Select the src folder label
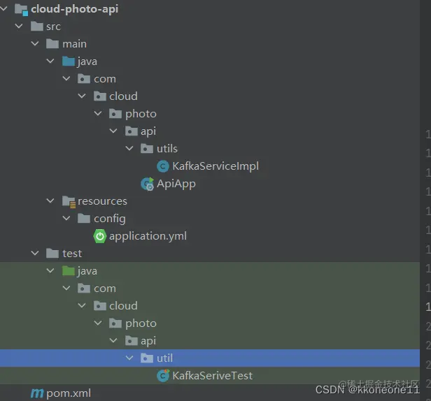point(53,27)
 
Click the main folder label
point(74,44)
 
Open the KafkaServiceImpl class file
point(215,166)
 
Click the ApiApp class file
point(176,184)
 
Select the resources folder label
point(102,201)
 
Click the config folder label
point(110,219)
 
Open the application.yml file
point(148,236)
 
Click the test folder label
point(72,254)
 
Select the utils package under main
point(167,149)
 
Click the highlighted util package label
point(164,358)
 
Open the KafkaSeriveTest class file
point(213,376)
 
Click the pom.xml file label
point(69,393)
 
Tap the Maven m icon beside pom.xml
point(37,393)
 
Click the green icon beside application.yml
point(100,236)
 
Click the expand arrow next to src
point(19,27)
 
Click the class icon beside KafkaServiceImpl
point(163,166)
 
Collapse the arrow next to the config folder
point(66,219)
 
